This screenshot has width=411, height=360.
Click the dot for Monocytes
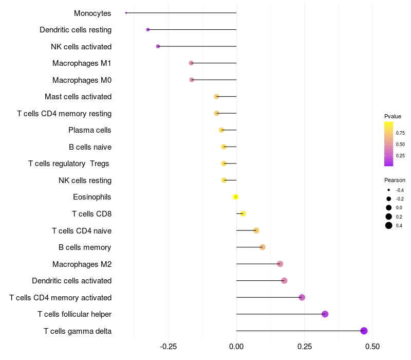126,13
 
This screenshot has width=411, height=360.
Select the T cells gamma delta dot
364,331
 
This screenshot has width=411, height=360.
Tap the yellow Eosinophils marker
236,197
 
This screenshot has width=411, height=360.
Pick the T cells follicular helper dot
325,314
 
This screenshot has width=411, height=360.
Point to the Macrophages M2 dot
280,264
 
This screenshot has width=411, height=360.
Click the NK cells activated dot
158,46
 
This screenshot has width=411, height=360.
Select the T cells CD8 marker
243,214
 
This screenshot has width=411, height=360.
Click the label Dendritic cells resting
76,30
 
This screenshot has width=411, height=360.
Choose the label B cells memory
85,247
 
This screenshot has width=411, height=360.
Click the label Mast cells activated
78,97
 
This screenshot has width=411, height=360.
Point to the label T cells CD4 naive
82,230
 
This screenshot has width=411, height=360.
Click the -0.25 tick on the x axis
169,347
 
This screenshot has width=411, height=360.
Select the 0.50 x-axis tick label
372,347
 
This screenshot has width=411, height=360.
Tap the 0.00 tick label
236,347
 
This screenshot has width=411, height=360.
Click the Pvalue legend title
393,116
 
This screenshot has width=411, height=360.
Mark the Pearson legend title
395,180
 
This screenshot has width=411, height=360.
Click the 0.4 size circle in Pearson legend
389,225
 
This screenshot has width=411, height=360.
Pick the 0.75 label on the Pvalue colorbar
400,133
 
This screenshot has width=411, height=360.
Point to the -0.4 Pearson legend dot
389,190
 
